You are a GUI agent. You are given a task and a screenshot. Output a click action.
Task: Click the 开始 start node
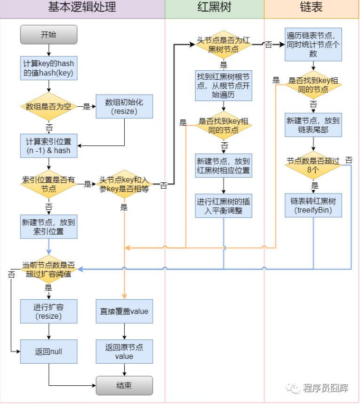coord(49,35)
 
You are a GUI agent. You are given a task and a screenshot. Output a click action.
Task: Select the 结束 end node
coord(124,385)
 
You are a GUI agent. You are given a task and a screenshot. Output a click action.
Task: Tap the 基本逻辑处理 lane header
coord(82,7)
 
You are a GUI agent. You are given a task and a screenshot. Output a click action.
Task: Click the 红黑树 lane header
coord(214,7)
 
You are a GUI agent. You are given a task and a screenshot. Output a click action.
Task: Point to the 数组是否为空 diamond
coord(49,107)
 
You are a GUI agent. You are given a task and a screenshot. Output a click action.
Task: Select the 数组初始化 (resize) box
coord(124,107)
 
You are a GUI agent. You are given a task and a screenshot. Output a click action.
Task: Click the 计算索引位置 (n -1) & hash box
coord(49,145)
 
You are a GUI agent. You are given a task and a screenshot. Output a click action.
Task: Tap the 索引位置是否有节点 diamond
coord(49,184)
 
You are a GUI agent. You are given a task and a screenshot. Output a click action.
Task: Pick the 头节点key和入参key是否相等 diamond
coord(124,184)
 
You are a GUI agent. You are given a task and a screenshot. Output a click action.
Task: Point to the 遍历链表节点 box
coord(313,42)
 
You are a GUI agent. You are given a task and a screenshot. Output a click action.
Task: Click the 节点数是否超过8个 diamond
coord(313,164)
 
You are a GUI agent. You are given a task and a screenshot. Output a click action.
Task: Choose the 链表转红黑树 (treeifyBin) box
coord(313,205)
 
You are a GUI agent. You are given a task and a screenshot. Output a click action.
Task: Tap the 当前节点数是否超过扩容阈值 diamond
coord(49,269)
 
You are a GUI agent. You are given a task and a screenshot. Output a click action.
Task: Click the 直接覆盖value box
coord(124,311)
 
